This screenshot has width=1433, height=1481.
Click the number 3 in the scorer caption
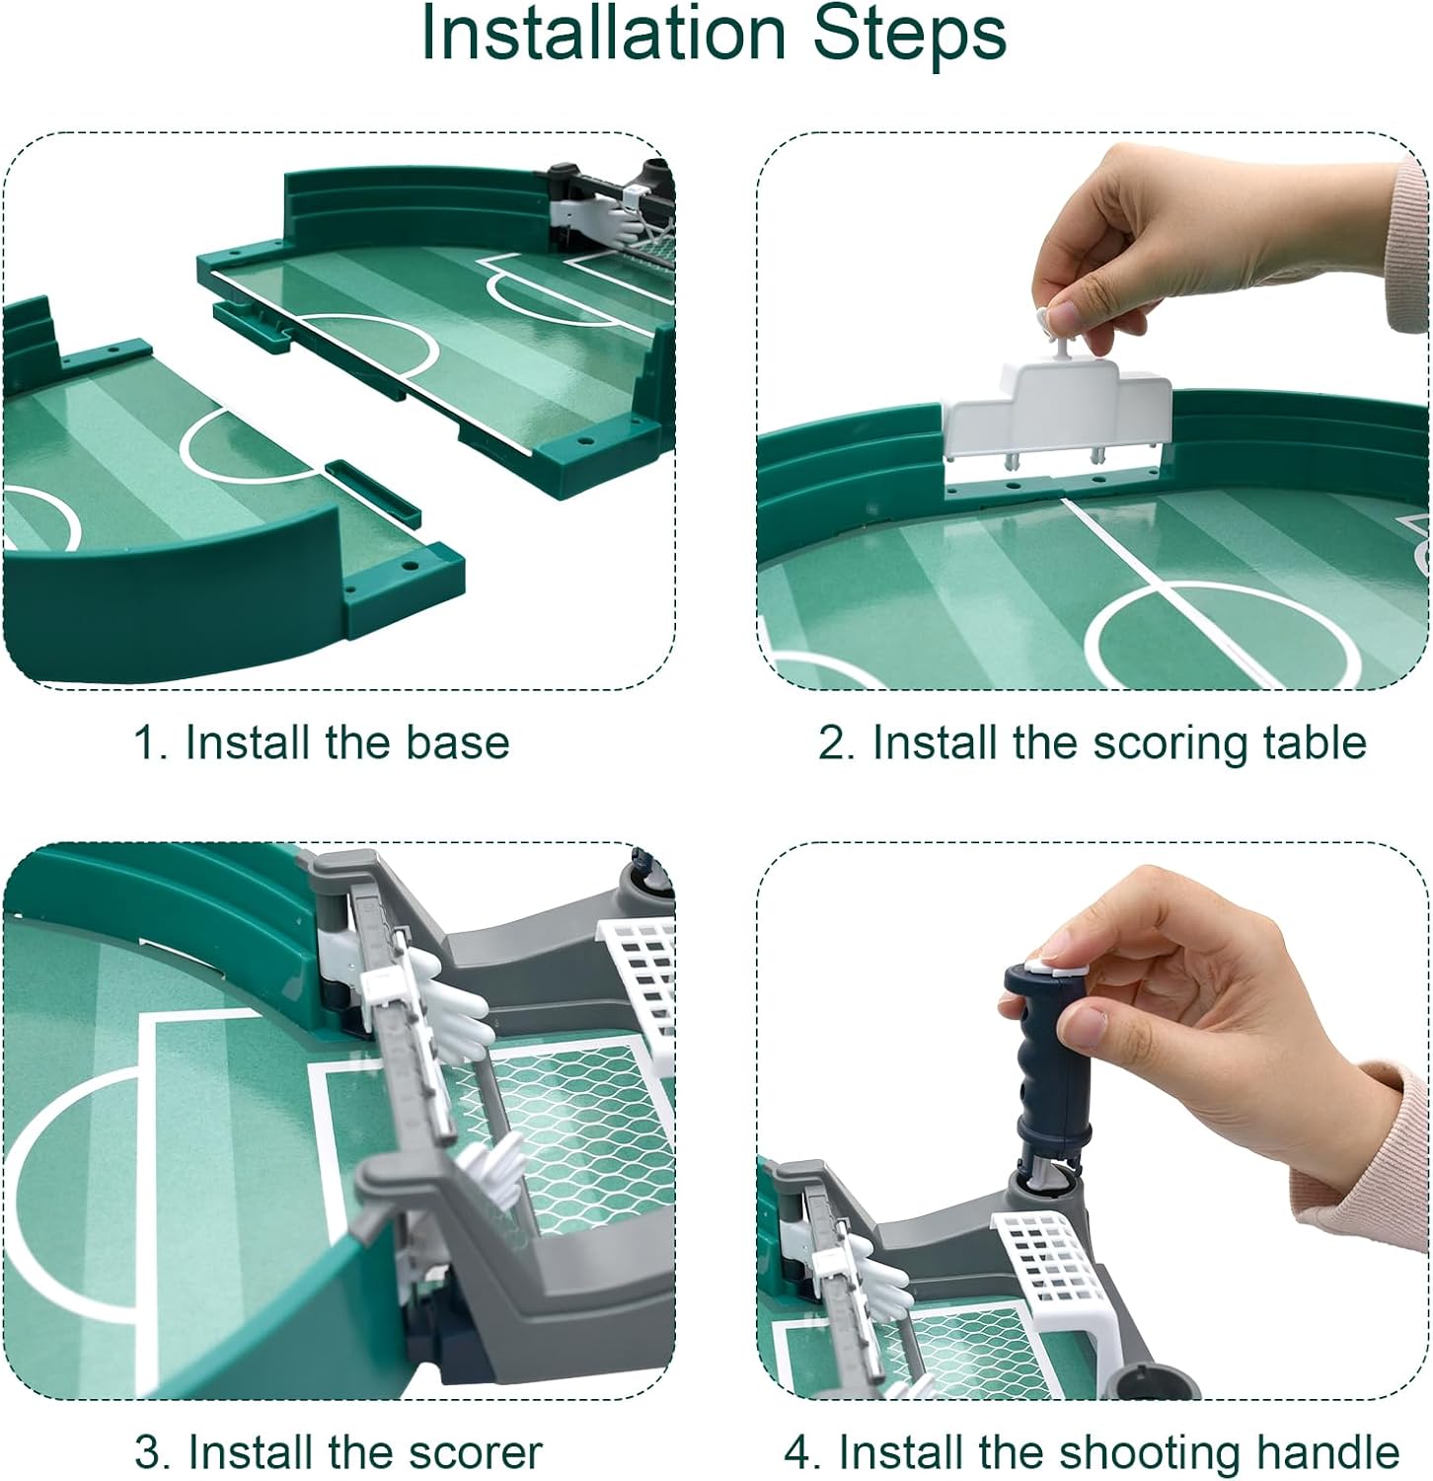pyautogui.click(x=147, y=1453)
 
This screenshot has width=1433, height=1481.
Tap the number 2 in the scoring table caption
pyautogui.click(x=831, y=743)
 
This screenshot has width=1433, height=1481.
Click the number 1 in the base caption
pyautogui.click(x=146, y=743)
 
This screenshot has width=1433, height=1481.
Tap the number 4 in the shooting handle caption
pyautogui.click(x=798, y=1453)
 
